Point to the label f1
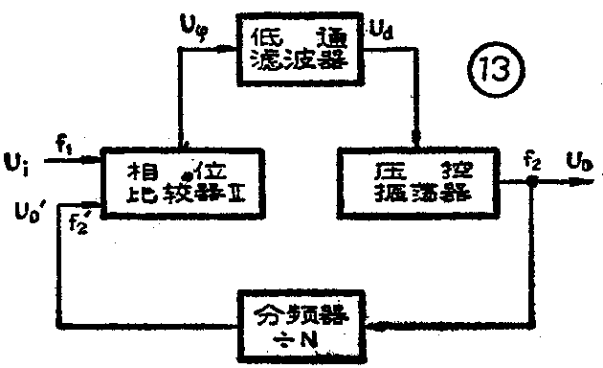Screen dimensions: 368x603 coord(64,147)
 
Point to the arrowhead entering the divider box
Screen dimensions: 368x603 coord(375,326)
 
